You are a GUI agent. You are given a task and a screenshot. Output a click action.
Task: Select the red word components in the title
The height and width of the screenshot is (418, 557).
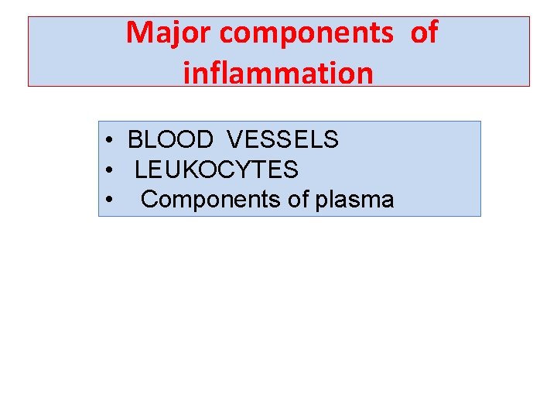[x=304, y=33]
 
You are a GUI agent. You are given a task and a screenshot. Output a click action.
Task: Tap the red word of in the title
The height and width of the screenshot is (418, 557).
[x=423, y=33]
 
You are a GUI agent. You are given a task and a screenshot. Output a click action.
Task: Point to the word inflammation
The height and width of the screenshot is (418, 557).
[x=278, y=73]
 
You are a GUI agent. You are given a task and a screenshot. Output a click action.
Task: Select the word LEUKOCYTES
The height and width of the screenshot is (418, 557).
[x=217, y=169]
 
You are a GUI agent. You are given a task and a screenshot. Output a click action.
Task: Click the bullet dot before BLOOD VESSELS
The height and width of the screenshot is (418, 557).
[x=112, y=141]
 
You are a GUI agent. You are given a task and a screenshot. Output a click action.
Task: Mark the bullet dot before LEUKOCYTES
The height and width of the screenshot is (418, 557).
[x=112, y=170]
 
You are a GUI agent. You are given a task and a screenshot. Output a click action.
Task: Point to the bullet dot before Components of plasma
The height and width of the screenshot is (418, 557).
[x=112, y=200]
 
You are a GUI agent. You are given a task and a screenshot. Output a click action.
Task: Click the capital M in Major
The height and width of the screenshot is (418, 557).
[x=139, y=33]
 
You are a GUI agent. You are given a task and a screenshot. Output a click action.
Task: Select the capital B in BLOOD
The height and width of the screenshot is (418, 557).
[x=135, y=139]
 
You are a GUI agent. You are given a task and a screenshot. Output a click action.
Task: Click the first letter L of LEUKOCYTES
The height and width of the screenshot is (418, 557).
[x=139, y=169]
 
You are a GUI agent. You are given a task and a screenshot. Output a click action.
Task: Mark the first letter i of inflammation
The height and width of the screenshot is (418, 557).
[x=187, y=73]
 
